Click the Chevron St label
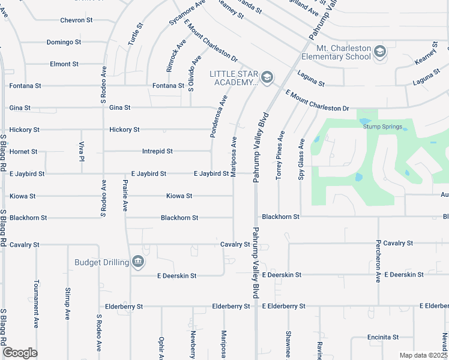coord(76,20)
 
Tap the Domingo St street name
coord(64,43)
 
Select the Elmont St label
coord(64,64)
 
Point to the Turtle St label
coord(136,35)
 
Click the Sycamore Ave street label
coord(187,13)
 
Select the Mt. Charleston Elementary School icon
coord(379,53)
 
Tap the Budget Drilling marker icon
coord(138,262)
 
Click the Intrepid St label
coord(157,152)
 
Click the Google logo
coord(20,353)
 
